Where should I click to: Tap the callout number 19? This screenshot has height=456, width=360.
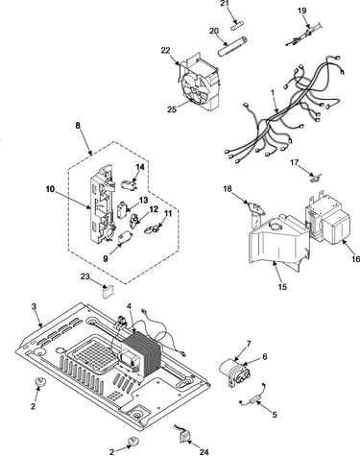(301, 11)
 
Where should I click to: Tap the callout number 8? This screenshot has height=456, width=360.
(78, 126)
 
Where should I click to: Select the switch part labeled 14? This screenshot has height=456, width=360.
(130, 184)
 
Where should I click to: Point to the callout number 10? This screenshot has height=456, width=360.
(50, 189)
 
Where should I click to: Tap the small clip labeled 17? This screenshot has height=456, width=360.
(316, 177)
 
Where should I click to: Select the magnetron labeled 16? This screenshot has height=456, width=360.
(327, 219)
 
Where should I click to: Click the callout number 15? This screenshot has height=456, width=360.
(282, 286)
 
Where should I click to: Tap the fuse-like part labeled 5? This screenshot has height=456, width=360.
(256, 400)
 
